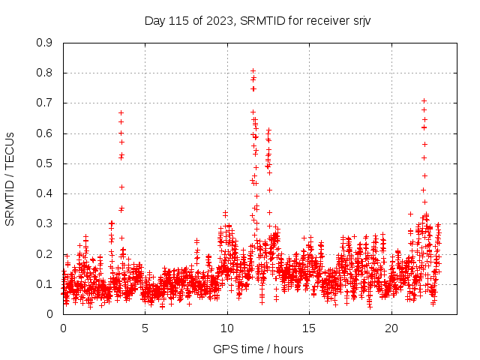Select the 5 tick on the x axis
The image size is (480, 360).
[x=145, y=328]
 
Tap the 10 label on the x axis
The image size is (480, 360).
[x=227, y=328]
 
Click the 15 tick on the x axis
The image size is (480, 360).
[x=310, y=328]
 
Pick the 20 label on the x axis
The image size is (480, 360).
[x=391, y=328]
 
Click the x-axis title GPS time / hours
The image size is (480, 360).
[x=258, y=349]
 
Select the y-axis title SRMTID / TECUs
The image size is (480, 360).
[x=10, y=178]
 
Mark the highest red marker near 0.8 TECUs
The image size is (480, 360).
[x=253, y=71]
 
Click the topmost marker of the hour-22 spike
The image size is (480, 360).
[x=424, y=100]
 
